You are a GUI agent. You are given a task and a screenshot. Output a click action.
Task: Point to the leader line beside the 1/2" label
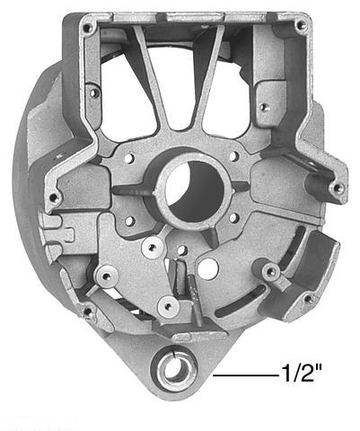coord(242,371)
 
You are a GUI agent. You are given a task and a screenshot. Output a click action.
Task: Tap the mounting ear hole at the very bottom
coord(173,369)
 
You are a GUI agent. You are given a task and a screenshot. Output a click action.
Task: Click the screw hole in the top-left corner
coord(88,29)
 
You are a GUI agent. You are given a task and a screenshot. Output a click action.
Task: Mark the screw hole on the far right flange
coord(337,189)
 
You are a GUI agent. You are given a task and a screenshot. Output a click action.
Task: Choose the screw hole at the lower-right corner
coord(308,299)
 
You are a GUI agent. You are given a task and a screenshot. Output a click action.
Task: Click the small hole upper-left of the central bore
coord(131,158)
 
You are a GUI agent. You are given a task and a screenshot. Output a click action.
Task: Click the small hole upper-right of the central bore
coord(234,156)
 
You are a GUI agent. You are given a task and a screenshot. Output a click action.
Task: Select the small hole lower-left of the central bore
coord(129,220)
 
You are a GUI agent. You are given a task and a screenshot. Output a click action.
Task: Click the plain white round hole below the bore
coord(209,268)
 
